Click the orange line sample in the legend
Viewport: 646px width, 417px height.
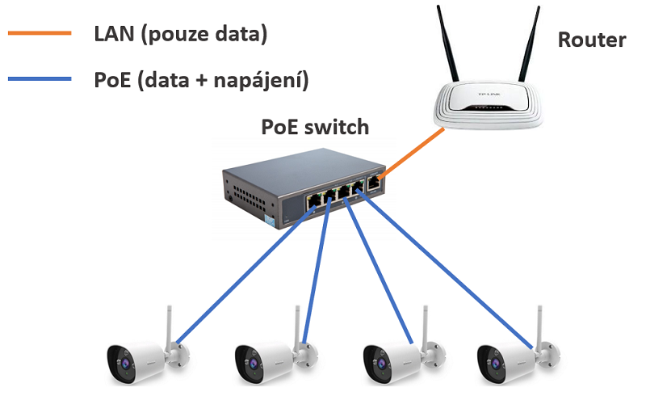point(40,34)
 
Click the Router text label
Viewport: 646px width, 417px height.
point(591,40)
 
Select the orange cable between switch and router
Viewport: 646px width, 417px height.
point(412,154)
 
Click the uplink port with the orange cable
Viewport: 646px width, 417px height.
point(373,183)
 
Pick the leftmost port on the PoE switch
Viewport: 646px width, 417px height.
point(312,200)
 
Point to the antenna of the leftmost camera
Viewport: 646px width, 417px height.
point(170,323)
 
